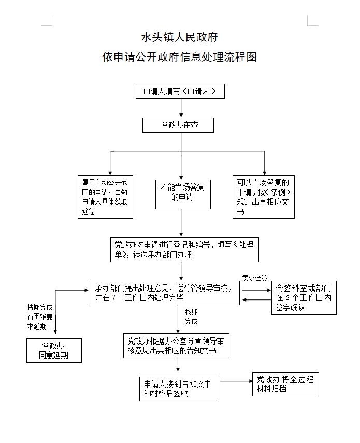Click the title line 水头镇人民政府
pyautogui.click(x=180, y=37)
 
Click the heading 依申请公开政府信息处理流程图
pyautogui.click(x=180, y=57)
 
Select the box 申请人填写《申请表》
pyautogui.click(x=180, y=91)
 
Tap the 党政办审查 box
pyautogui.click(x=178, y=125)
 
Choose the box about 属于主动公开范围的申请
pyautogui.click(x=106, y=197)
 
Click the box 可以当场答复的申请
pyautogui.click(x=263, y=197)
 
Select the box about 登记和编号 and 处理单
pyautogui.click(x=184, y=250)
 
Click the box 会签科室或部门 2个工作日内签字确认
pyautogui.click(x=304, y=297)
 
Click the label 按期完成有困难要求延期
pyautogui.click(x=40, y=317)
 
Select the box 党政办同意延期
pyautogui.click(x=54, y=350)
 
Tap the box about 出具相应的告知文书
pyautogui.click(x=176, y=346)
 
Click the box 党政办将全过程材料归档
pyautogui.click(x=285, y=384)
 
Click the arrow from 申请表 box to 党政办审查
pyautogui.click(x=181, y=108)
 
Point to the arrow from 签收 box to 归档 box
pyautogui.click(x=234, y=382)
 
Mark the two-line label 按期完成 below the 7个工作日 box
pyautogui.click(x=192, y=317)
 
